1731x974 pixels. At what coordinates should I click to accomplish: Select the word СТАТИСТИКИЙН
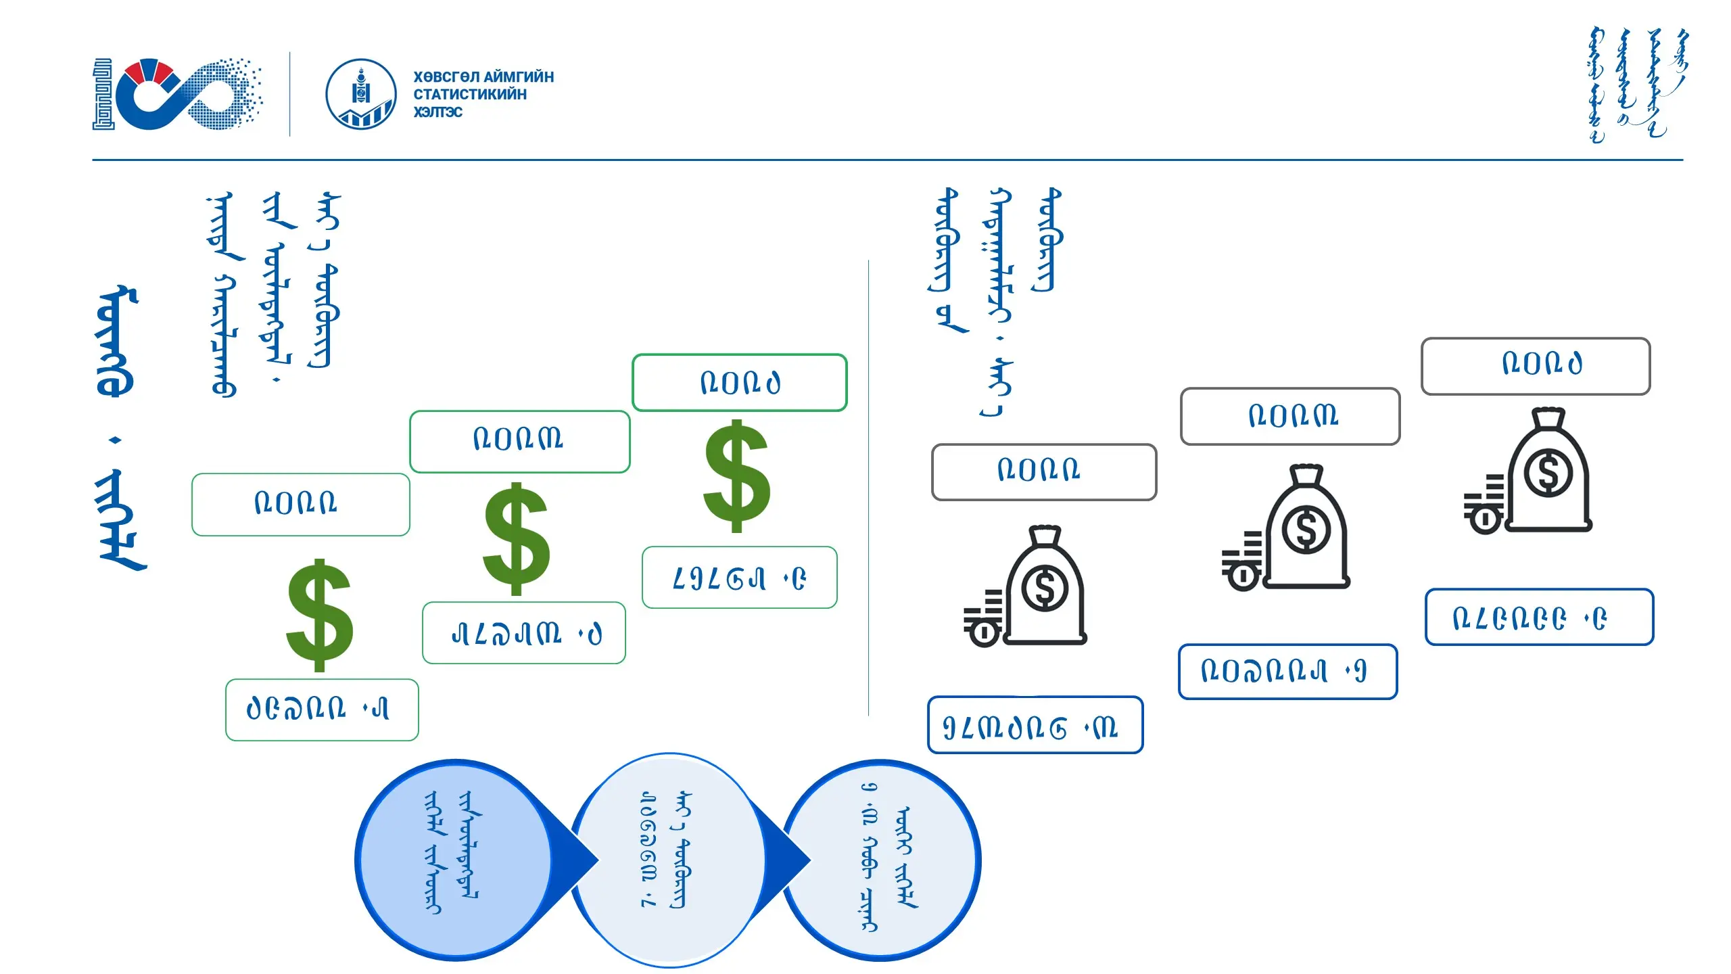click(470, 95)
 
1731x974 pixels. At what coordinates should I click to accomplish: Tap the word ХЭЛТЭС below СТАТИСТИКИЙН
click(438, 112)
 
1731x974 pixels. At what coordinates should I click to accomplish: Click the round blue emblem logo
click(361, 94)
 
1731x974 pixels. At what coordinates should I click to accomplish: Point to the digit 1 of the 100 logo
click(103, 94)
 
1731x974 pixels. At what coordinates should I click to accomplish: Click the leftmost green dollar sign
click(320, 615)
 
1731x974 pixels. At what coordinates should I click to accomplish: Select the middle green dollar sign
click(517, 539)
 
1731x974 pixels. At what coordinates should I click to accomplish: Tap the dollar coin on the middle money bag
click(1306, 530)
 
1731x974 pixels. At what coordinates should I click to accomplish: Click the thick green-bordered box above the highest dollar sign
click(740, 383)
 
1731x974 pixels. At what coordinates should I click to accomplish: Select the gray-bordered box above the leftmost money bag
click(1043, 472)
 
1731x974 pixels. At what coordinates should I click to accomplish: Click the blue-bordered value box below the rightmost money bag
click(1539, 617)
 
